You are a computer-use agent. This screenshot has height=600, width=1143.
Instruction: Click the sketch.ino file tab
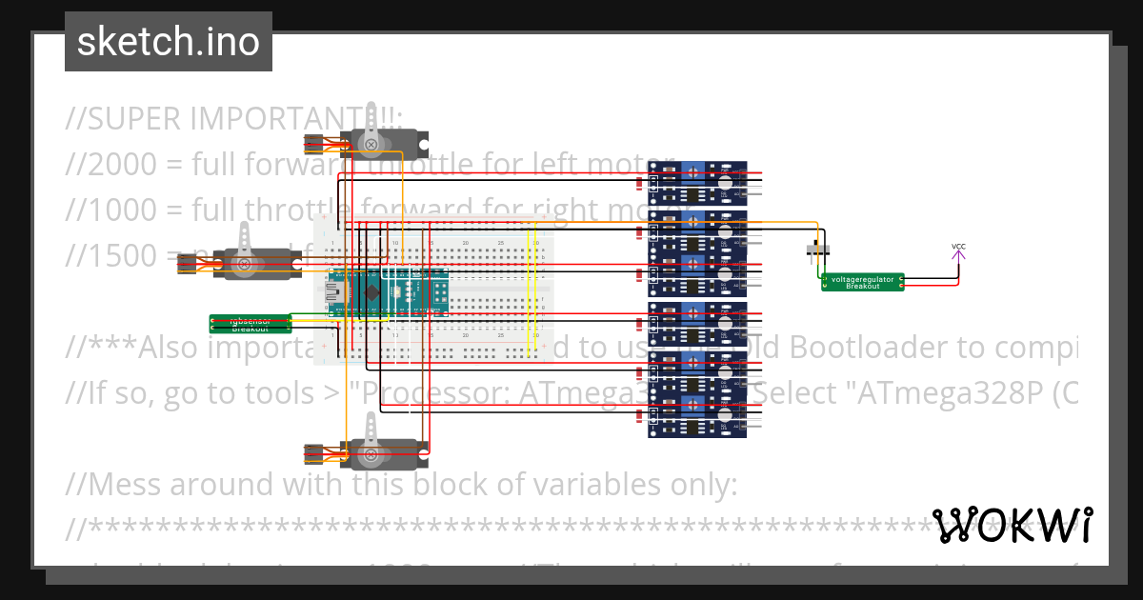coord(169,42)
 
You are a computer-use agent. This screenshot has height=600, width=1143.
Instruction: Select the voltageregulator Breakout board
coord(862,282)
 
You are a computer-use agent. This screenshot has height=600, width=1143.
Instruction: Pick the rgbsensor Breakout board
coord(251,324)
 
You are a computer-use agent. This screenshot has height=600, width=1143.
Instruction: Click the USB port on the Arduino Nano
coord(334,290)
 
